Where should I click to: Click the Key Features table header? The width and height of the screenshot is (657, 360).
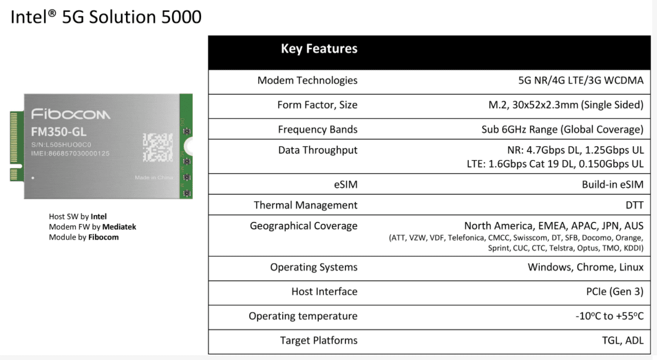tap(319, 49)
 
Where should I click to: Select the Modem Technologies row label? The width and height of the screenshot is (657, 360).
tap(307, 81)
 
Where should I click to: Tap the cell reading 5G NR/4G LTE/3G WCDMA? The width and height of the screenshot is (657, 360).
tap(581, 81)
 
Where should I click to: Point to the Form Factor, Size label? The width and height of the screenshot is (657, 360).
tap(317, 105)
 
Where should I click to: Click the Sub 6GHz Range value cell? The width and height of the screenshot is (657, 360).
tap(562, 130)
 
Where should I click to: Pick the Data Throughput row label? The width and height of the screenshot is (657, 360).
tap(318, 150)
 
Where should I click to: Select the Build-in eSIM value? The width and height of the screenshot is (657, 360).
tap(612, 185)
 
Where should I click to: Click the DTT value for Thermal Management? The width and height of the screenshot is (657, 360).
tap(634, 205)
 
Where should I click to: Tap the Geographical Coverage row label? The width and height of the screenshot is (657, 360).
tap(303, 226)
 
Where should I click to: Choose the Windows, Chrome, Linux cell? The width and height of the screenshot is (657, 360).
tap(586, 267)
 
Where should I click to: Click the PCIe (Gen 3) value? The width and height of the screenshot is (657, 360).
tap(611, 292)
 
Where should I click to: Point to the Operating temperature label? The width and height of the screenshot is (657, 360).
tap(303, 316)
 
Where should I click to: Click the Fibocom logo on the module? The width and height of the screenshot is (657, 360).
tap(70, 114)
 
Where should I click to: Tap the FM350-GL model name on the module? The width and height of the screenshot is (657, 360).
tap(59, 132)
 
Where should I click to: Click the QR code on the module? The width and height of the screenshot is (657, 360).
tap(157, 147)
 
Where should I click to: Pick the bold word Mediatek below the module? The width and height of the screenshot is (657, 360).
tap(119, 227)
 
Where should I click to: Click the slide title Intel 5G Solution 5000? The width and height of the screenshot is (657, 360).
tap(106, 17)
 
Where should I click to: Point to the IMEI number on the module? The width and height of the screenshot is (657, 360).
tap(70, 154)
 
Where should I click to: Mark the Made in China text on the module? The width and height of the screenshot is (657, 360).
tap(153, 177)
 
